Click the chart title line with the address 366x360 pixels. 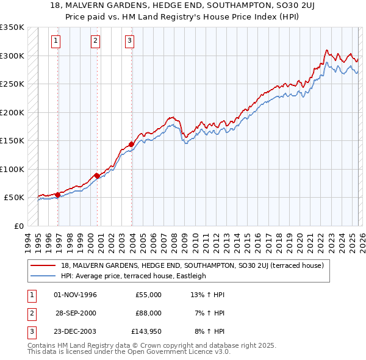click(183, 5)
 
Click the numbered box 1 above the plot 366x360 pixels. click(56, 41)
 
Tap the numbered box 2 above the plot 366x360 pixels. click(96, 41)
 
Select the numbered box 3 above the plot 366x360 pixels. click(130, 41)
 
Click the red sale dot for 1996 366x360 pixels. click(57, 195)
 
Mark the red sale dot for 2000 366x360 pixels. click(97, 176)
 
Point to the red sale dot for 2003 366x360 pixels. click(131, 145)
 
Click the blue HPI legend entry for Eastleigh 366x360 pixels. click(134, 276)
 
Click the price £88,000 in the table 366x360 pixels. click(148, 312)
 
